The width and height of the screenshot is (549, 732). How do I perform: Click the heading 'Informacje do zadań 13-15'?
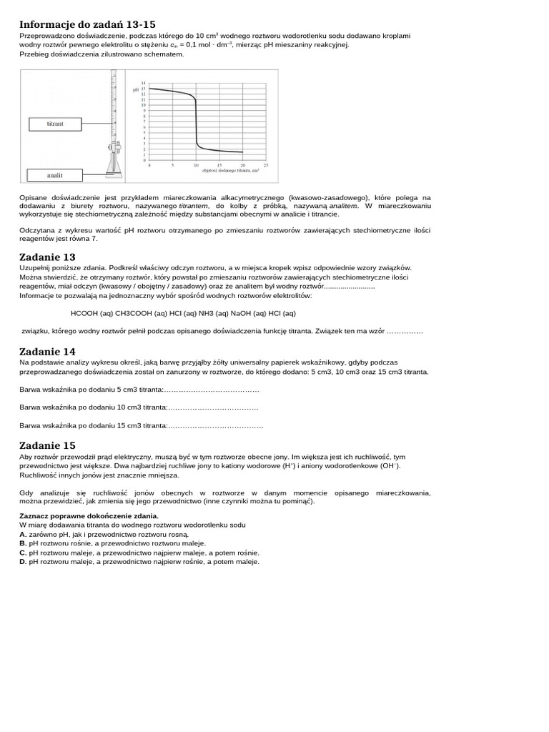(87, 24)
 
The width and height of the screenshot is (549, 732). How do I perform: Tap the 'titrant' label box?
(55, 124)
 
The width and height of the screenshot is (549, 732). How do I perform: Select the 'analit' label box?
(55, 174)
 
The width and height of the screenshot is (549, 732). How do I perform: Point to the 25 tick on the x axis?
(266, 165)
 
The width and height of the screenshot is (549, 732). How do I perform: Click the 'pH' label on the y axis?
(137, 89)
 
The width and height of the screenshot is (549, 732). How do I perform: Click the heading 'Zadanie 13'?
(47, 257)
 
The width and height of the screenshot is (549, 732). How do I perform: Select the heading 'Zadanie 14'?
(47, 352)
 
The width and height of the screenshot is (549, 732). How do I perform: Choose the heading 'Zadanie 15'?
(47, 445)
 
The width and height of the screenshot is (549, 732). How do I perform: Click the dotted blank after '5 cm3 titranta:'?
(212, 390)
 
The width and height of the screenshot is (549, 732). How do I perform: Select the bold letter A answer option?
(23, 534)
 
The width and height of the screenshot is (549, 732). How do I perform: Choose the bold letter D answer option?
(23, 562)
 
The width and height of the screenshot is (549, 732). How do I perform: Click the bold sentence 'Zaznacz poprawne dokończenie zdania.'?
(89, 515)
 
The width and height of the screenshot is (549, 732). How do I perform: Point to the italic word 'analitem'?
(343, 205)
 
